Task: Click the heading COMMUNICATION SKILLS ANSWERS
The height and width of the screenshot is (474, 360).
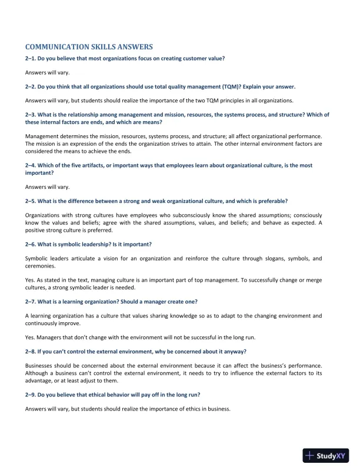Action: pyautogui.click(x=89, y=46)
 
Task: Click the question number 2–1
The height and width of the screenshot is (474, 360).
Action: pyautogui.click(x=31, y=59)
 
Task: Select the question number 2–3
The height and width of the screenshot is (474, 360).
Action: pyautogui.click(x=31, y=114)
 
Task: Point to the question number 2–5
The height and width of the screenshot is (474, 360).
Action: pyautogui.click(x=31, y=201)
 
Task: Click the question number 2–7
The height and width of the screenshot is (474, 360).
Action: pyautogui.click(x=31, y=301)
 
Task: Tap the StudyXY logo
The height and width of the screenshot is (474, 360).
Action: pyautogui.click(x=324, y=455)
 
